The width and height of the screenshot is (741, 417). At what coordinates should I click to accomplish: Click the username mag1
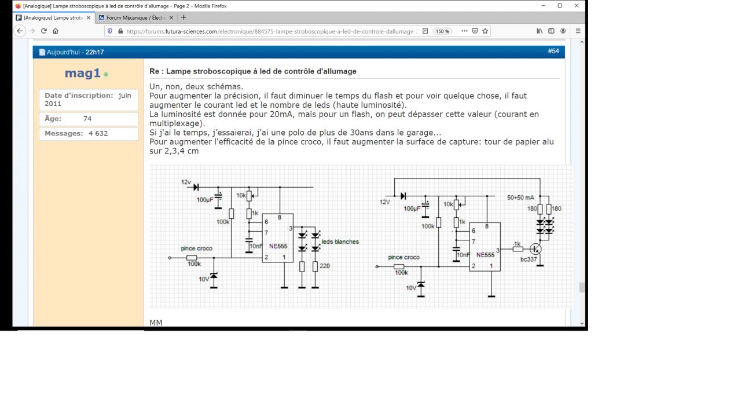pos(83,73)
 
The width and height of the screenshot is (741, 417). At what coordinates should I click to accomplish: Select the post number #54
pos(553,52)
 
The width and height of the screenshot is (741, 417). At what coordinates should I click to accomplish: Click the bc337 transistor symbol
pos(535,249)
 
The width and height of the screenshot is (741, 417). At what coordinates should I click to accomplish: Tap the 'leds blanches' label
pos(340,242)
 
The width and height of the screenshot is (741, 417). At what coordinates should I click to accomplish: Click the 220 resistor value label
pos(325,266)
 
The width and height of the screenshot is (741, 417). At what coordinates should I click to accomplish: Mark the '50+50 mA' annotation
pos(520,197)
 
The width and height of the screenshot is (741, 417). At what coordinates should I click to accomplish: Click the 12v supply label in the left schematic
pos(186,182)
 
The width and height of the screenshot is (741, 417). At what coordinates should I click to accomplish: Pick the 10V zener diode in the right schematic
pos(421,285)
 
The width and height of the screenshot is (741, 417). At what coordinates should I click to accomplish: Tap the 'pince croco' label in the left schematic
pos(196,248)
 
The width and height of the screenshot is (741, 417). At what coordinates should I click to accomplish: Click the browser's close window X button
pos(577,6)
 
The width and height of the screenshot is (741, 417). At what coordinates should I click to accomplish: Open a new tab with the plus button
pos(184,17)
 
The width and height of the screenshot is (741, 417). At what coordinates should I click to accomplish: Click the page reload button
pos(43,31)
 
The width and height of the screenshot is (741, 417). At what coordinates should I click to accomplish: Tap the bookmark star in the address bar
pos(485,31)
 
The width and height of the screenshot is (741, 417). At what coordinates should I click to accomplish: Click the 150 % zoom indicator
pos(442,31)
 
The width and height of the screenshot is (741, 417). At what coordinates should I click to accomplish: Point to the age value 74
pos(87,119)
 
